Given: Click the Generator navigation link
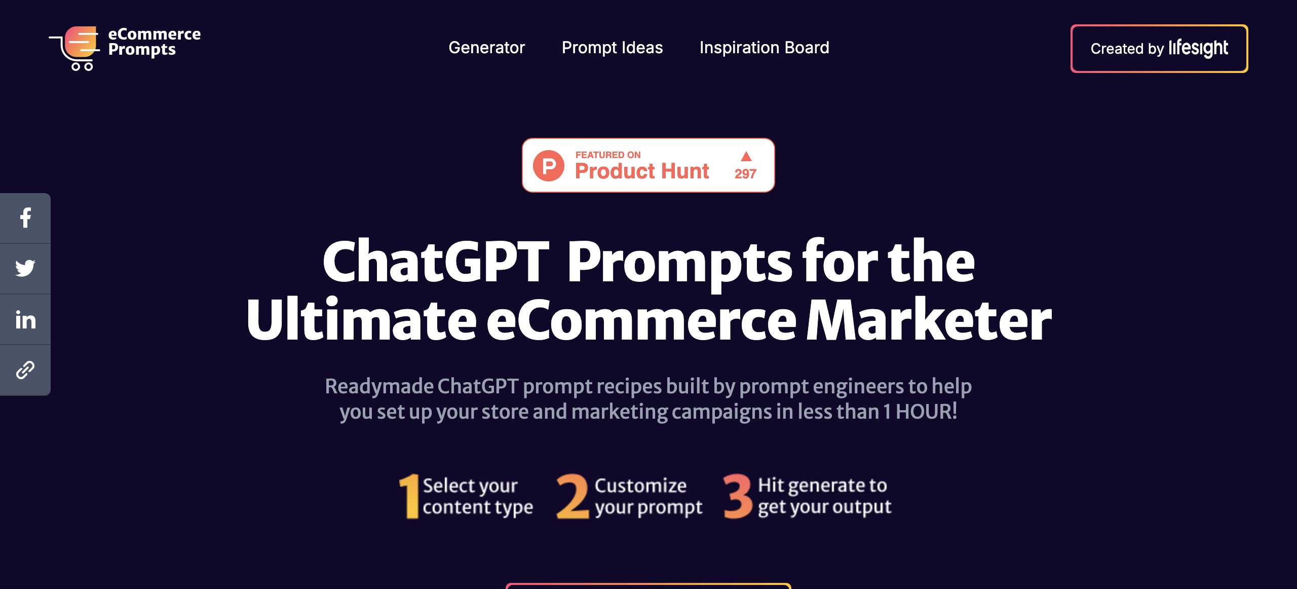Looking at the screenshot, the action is coord(486,48).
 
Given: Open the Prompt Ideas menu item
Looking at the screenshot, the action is coord(612,48).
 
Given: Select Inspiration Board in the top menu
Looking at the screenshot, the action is coord(764,48).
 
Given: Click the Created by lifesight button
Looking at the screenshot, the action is coord(1159,49).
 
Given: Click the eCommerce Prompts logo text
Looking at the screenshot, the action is coord(155,42).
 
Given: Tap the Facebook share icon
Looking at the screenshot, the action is coord(25,218).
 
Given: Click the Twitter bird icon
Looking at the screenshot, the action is coord(25,268).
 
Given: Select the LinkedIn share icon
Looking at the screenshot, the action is coord(25,320).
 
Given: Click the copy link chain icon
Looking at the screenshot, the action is coord(25,370).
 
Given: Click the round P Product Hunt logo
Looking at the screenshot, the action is coord(549,166).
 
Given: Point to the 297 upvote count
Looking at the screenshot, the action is coord(745,174).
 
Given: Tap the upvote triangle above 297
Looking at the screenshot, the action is coord(746,156).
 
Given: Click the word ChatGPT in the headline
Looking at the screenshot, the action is coord(436,261).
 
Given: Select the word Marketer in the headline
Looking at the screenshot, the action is coord(929,320).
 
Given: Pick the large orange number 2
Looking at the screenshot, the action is coord(573,496).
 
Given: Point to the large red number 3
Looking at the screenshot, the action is coord(738,496).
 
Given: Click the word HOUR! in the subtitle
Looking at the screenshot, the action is coord(926,412).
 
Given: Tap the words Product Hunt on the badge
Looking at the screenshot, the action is coord(642,171).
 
